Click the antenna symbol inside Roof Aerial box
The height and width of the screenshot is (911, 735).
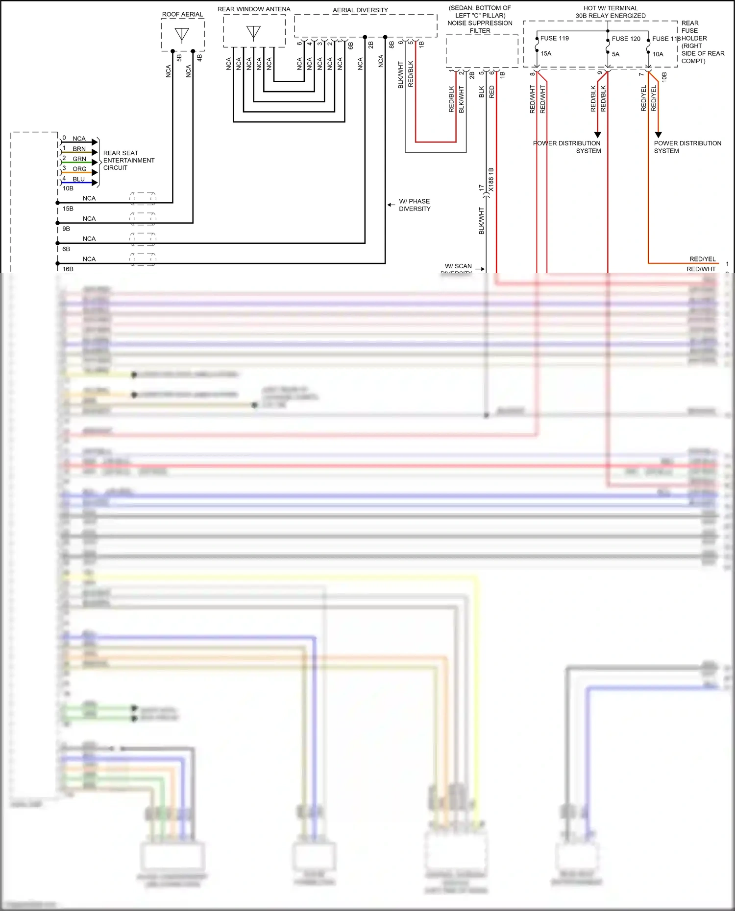click(x=182, y=35)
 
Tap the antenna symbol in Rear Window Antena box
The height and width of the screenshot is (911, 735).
click(x=253, y=32)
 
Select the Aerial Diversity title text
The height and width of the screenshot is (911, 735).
click(x=360, y=10)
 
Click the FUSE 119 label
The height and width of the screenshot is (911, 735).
click(x=554, y=38)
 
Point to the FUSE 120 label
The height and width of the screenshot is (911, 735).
click(x=626, y=39)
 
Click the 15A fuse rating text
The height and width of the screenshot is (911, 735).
click(x=546, y=53)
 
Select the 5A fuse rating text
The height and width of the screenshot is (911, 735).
click(x=615, y=54)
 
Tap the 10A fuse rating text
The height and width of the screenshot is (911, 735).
click(x=658, y=54)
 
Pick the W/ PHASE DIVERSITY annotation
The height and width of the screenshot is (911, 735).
click(x=415, y=205)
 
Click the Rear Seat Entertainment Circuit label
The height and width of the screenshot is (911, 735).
click(x=128, y=160)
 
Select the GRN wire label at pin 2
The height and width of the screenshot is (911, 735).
click(x=79, y=159)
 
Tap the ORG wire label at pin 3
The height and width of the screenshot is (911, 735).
click(x=79, y=169)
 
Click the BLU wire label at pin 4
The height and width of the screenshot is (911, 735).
click(x=78, y=179)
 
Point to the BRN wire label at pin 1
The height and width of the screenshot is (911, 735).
click(x=79, y=149)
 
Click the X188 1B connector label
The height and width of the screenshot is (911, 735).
click(x=491, y=179)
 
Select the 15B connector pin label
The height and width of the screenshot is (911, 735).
click(x=68, y=209)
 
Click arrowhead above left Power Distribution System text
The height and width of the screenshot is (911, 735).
click(x=597, y=135)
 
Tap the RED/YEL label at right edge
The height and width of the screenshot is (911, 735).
click(x=702, y=259)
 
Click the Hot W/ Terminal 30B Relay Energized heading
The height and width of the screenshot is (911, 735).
click(x=610, y=12)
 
